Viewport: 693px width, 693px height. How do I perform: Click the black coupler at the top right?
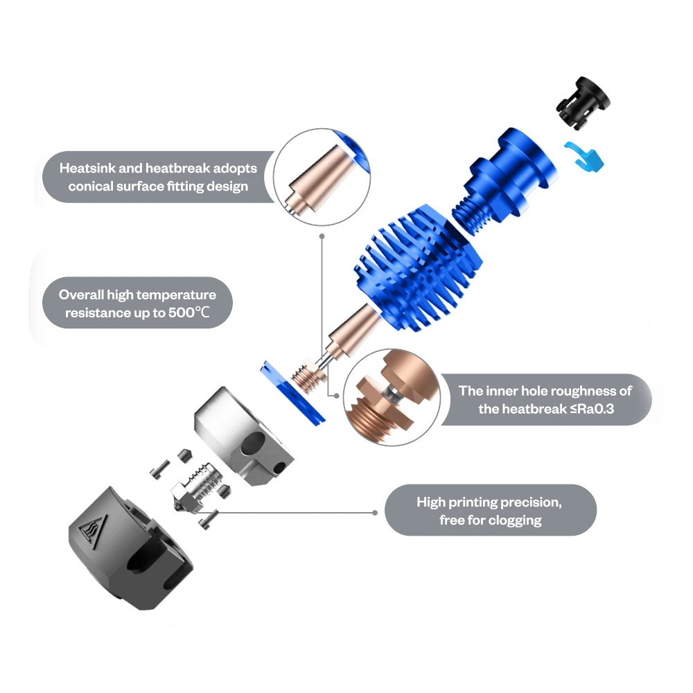[x=583, y=103]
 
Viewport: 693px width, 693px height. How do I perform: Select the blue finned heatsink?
[x=418, y=267]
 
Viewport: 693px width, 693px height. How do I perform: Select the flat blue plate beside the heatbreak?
[x=292, y=393]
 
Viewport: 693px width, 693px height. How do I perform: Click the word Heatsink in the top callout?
[x=87, y=168]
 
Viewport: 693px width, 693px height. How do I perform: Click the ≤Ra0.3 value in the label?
[x=592, y=409]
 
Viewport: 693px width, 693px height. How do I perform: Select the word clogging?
[x=516, y=520]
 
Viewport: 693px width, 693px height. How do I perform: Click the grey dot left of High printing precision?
[x=375, y=513]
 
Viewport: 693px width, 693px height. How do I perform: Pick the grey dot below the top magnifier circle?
[x=322, y=236]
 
